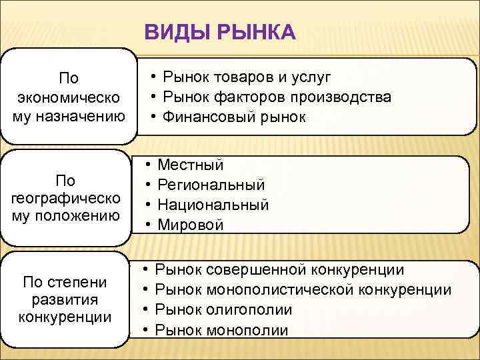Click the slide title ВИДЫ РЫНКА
click(219, 31)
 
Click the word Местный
click(190, 165)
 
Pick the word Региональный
click(211, 185)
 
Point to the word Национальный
click(213, 205)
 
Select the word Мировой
click(190, 225)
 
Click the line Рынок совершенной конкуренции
click(279, 269)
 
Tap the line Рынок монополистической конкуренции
click(303, 289)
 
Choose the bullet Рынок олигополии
click(223, 309)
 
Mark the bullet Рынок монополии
click(221, 329)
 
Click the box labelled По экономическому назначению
click(68, 97)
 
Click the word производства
click(343, 97)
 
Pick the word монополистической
click(281, 289)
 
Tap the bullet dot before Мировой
click(147, 225)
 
